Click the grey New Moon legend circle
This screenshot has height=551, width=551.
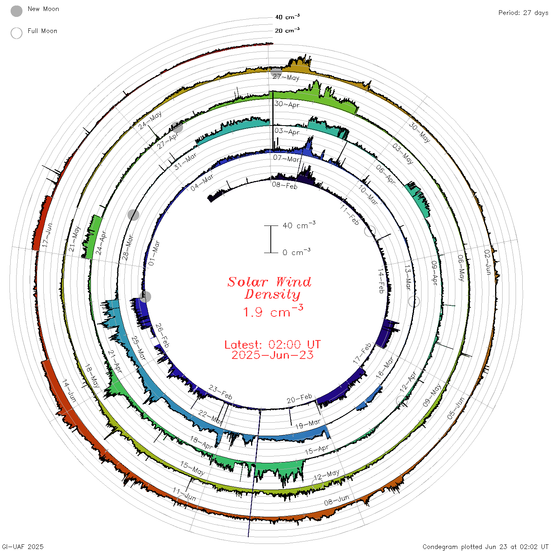click(x=17, y=11)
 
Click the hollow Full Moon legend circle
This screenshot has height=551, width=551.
click(x=17, y=33)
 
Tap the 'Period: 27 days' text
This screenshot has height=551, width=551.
click(x=523, y=13)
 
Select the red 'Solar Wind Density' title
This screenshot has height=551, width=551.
click(x=269, y=288)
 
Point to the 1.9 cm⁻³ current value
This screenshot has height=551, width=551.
click(x=273, y=311)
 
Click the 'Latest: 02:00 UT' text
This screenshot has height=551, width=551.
click(x=272, y=344)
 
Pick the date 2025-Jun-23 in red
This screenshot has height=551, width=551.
click(x=272, y=355)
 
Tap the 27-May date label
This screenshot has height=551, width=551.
click(x=286, y=77)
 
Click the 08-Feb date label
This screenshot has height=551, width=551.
click(x=285, y=185)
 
